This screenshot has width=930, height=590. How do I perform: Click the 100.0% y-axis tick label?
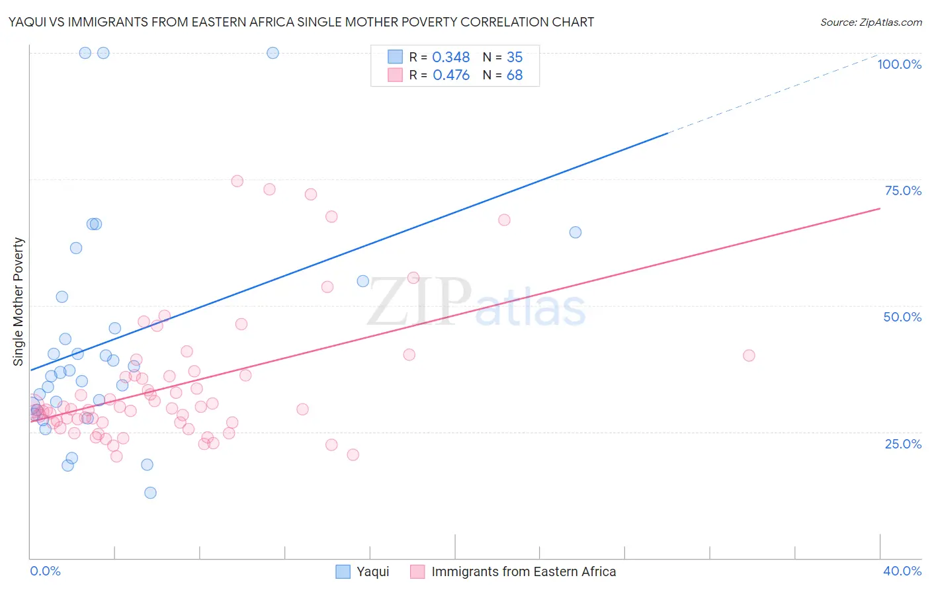pos(899,64)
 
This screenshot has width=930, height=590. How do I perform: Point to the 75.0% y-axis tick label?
pos(903,190)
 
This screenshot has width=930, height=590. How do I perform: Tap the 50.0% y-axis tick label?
pos(902,317)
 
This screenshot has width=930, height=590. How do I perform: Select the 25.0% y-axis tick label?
pos(903,444)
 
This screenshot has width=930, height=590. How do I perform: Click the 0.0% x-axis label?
pos(45,571)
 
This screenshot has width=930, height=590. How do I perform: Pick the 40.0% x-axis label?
pos(902,571)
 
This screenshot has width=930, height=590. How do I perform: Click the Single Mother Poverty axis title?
pos(18,302)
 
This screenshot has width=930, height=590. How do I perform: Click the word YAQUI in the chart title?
pos(28,22)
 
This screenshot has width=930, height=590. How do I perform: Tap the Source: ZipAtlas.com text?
pos(870,22)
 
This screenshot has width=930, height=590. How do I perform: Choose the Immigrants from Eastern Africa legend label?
pos(523,571)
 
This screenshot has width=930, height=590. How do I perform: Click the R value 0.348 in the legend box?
pos(450,58)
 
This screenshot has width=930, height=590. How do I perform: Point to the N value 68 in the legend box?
pos(514,75)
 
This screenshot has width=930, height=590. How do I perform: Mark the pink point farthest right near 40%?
pos(749,355)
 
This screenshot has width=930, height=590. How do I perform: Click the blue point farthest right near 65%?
pos(575,232)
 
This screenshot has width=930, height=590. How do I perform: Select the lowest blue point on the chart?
pos(150,493)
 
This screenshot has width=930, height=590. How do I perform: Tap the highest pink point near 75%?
pos(237,181)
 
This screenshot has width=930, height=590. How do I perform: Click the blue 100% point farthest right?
pos(273,53)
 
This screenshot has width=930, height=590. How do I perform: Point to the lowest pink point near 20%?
pos(116,456)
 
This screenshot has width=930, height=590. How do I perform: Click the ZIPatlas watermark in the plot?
pos(476,303)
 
